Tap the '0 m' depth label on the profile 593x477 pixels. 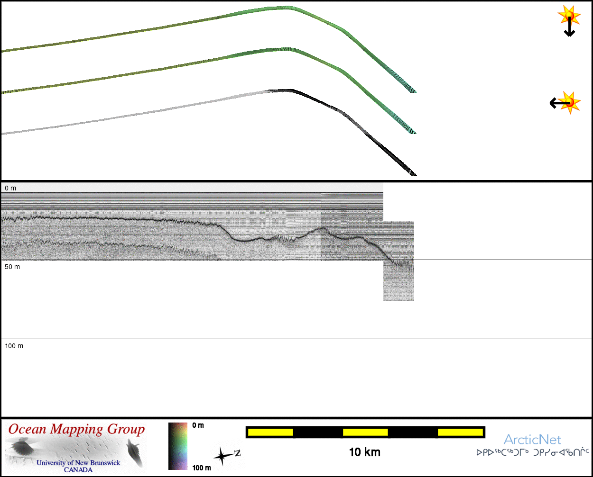pos(10,188)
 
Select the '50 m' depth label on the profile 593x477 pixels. pos(12,267)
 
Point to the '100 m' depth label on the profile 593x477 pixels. pos(14,346)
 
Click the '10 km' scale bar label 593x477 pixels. pos(364,452)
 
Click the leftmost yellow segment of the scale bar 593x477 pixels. pos(270,432)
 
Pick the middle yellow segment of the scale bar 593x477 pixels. pos(365,432)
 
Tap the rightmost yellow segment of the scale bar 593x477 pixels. pos(460,432)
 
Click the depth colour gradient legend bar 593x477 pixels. pos(178,446)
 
